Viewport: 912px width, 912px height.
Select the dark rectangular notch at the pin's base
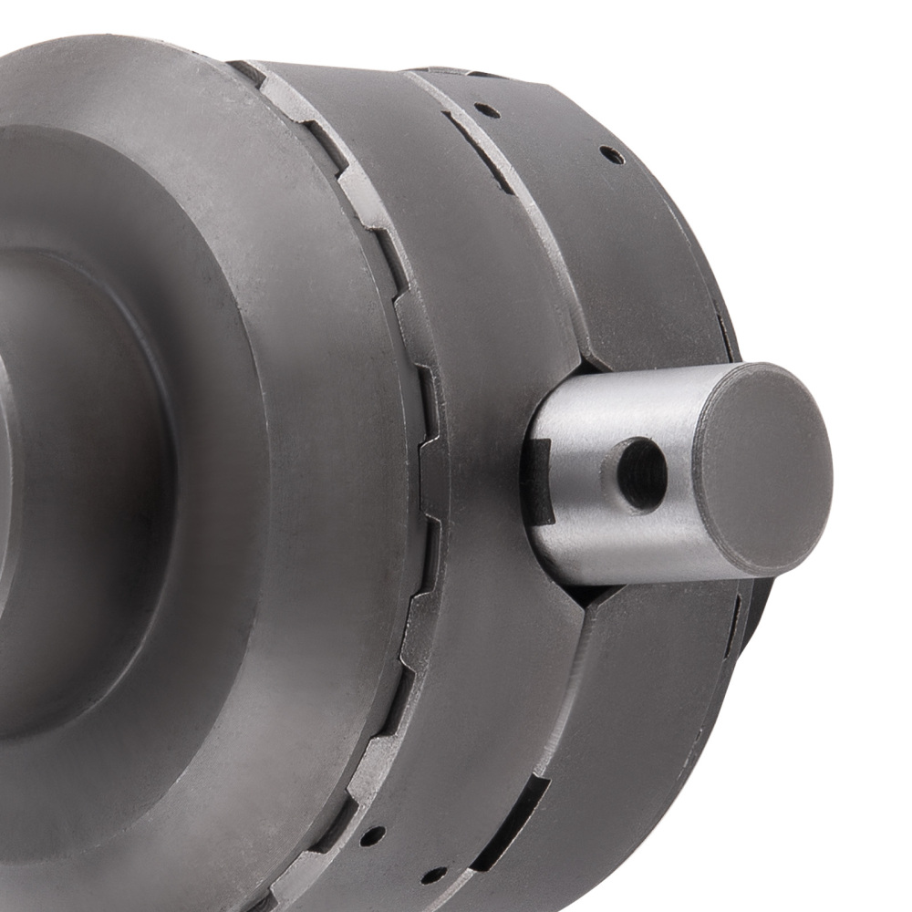click(538, 482)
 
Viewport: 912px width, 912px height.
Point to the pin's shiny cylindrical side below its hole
click(629, 547)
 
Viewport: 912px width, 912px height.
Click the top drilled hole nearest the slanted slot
click(487, 110)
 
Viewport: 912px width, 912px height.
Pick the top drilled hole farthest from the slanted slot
click(612, 156)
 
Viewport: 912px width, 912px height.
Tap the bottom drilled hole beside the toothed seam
click(371, 835)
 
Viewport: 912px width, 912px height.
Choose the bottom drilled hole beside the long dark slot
click(433, 876)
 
